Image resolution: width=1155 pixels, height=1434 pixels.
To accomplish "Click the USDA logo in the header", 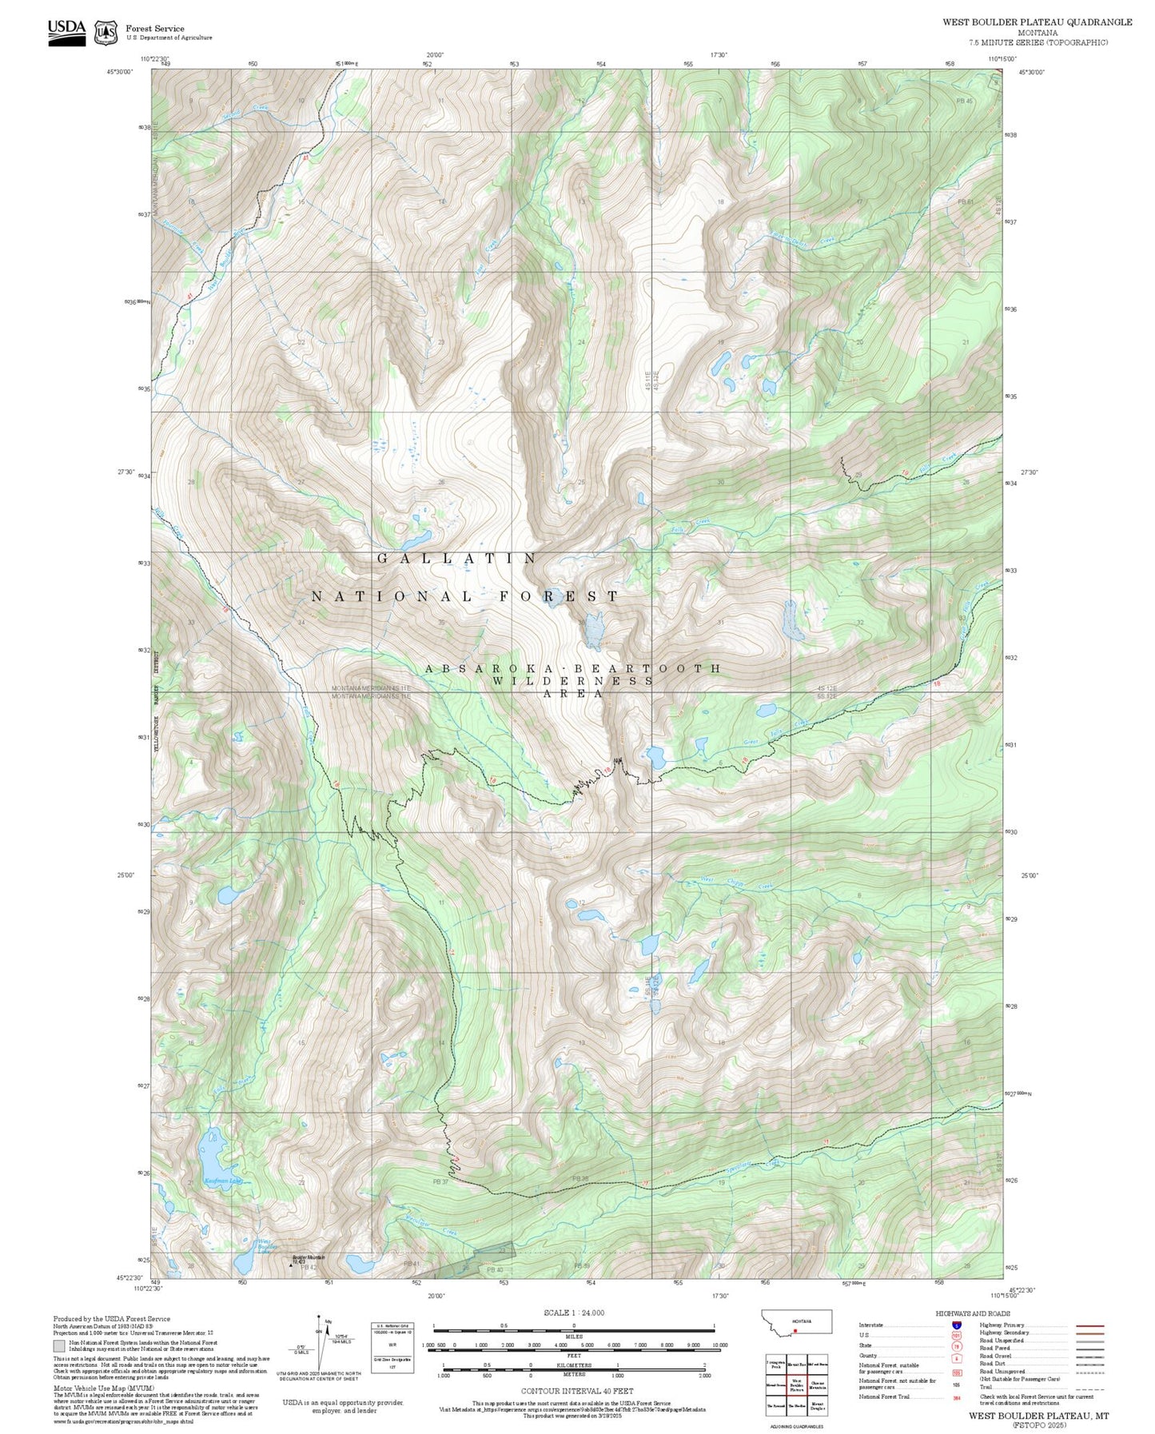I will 66,32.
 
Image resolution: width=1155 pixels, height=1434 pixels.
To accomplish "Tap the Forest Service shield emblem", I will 105,33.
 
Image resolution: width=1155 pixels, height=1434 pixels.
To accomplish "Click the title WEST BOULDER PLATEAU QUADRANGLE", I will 1037,22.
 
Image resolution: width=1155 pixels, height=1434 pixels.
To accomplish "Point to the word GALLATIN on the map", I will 457,559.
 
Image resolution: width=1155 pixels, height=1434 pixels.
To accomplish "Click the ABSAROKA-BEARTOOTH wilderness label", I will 572,668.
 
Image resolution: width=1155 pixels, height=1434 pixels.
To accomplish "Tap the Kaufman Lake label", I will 222,1181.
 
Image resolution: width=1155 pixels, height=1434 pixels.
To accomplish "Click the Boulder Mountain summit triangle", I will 290,1265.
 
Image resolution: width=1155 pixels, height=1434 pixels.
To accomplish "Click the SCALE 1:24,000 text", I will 573,1313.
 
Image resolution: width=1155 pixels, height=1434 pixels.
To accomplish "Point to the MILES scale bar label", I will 573,1336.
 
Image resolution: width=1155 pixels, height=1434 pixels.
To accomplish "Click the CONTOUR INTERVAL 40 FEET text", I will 573,1391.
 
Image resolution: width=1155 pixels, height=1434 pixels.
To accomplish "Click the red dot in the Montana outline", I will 795,1331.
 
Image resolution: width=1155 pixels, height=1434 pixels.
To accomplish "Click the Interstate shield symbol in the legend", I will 956,1325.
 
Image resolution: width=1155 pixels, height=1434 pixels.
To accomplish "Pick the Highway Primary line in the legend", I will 1090,1325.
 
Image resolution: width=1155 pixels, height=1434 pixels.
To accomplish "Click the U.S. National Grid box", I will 392,1347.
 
